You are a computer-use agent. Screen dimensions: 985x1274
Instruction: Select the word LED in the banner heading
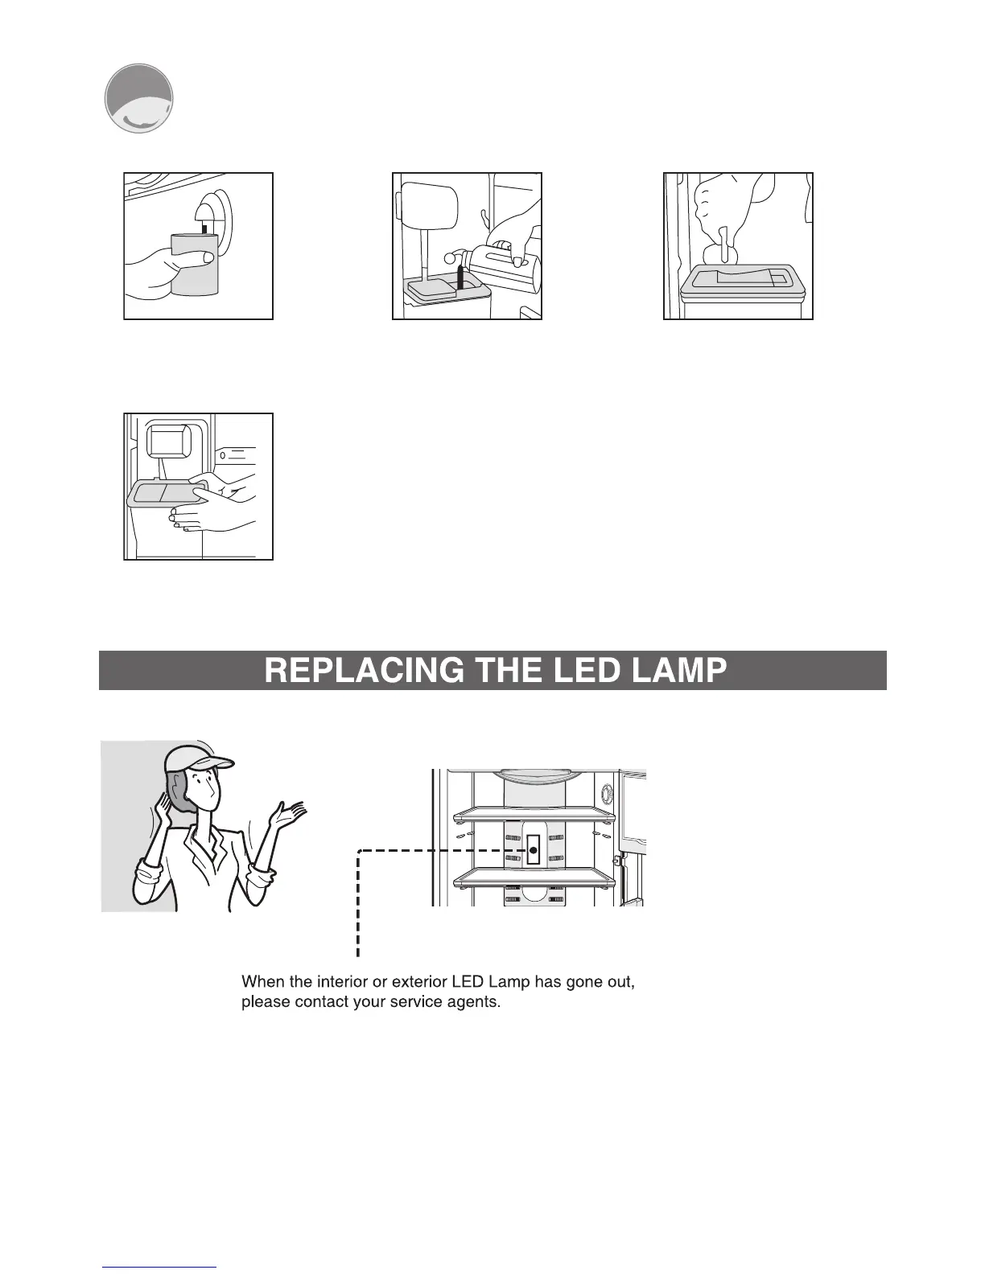tap(569, 671)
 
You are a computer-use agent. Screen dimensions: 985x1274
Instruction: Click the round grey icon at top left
tap(139, 98)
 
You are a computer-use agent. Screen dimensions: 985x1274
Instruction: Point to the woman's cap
tap(197, 758)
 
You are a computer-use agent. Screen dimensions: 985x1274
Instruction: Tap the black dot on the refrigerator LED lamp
tap(533, 850)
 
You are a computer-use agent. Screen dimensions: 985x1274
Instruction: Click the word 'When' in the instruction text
tap(262, 982)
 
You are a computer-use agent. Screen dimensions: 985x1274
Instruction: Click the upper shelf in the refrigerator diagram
tap(534, 816)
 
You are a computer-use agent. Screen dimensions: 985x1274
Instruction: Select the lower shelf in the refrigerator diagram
tap(534, 880)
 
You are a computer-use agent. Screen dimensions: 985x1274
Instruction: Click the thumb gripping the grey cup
tap(206, 257)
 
